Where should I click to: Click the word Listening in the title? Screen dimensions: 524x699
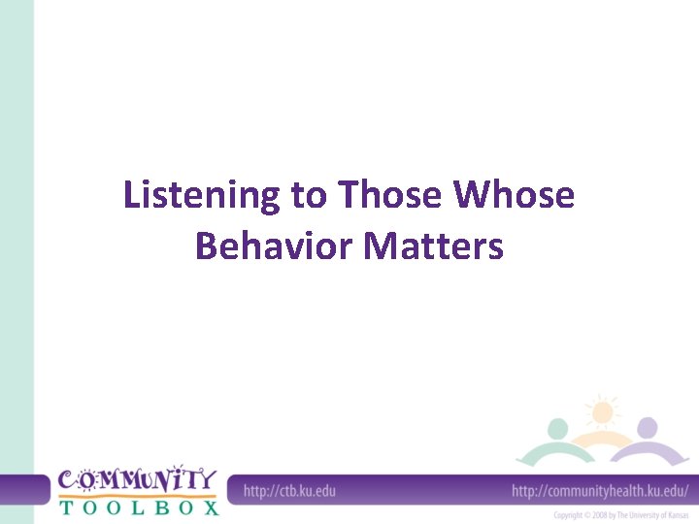coord(200,197)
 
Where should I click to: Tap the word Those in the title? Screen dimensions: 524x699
coord(389,196)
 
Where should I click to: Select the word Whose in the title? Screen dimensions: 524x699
coord(515,196)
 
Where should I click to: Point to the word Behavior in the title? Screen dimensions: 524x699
coord(274,246)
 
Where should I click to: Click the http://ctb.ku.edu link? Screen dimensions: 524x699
coord(289,491)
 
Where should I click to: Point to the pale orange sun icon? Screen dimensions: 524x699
coord(602,411)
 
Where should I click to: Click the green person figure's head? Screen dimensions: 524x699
coord(557,428)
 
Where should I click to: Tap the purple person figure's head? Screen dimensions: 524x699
coord(647,428)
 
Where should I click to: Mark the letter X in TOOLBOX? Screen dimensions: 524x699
coord(211,506)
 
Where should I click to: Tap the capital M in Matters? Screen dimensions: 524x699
coord(381,246)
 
